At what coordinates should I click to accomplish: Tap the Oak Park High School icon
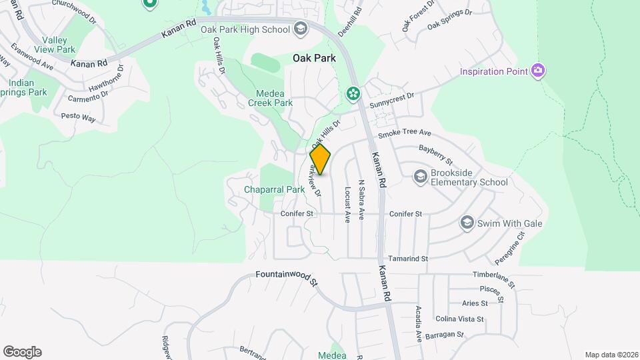[300, 29]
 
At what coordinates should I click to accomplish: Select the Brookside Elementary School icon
[420, 177]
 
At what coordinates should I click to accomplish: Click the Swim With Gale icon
[467, 223]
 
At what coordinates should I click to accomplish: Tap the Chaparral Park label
[274, 189]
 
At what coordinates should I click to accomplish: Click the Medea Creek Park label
[270, 98]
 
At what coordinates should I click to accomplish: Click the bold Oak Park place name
[315, 58]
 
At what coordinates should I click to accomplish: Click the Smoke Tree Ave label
[405, 134]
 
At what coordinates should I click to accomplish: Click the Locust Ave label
[347, 204]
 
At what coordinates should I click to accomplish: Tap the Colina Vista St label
[459, 319]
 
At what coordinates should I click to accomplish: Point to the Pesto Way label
[79, 117]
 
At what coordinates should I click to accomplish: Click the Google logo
[22, 352]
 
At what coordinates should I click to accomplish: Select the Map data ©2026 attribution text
[611, 355]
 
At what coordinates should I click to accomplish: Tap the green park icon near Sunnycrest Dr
[352, 94]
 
